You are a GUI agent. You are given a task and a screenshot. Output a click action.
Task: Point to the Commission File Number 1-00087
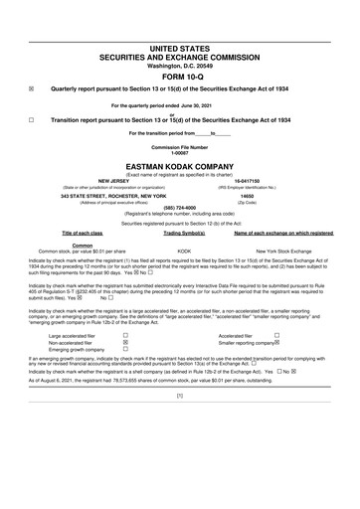180,151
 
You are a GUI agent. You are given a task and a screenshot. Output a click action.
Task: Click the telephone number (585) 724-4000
180,209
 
